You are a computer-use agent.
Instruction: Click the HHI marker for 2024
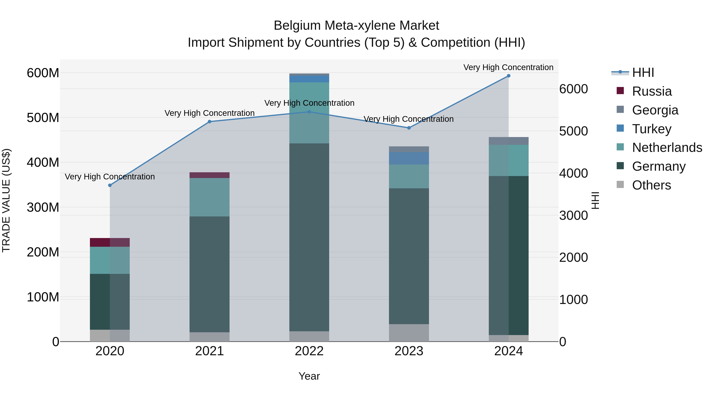click(x=508, y=76)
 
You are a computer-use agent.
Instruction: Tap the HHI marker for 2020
click(x=110, y=185)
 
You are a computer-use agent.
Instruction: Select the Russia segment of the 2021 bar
click(x=210, y=175)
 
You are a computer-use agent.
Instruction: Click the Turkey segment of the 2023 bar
click(x=409, y=158)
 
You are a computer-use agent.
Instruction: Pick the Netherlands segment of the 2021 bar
click(x=210, y=197)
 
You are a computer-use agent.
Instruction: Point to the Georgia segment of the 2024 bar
click(x=508, y=141)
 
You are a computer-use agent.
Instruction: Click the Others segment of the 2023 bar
click(x=409, y=333)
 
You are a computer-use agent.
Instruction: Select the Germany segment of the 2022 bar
click(x=309, y=237)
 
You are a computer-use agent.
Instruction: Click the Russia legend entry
click(x=652, y=91)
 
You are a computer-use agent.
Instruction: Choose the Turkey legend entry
click(x=652, y=129)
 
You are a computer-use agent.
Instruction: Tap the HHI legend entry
click(x=643, y=72)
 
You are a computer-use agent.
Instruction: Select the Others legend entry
click(x=652, y=185)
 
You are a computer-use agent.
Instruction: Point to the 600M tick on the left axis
click(x=43, y=73)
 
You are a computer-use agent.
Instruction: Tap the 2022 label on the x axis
click(x=309, y=351)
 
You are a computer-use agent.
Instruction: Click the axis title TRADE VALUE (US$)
click(x=6, y=200)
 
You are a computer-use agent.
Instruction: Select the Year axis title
click(x=309, y=376)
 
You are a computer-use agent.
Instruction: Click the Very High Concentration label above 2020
click(x=110, y=177)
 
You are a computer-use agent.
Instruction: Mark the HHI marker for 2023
click(x=409, y=128)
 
